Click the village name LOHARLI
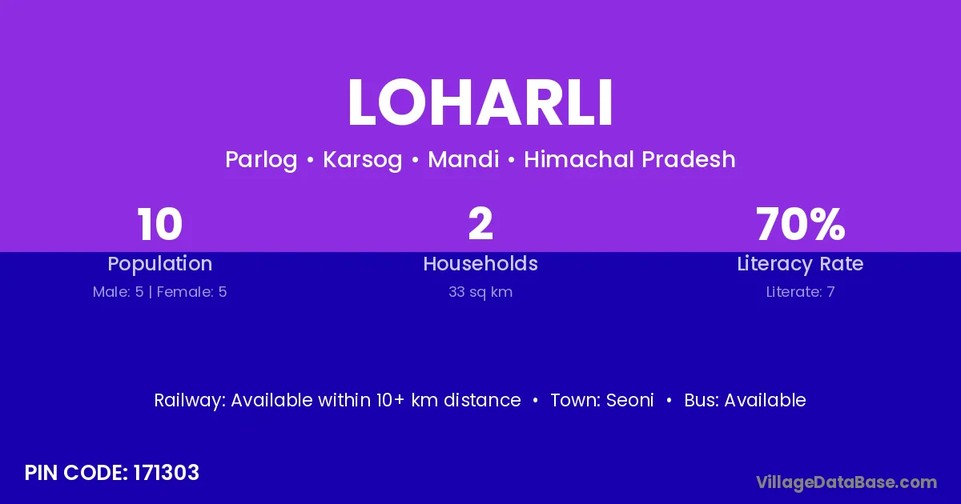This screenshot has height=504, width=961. coord(480,102)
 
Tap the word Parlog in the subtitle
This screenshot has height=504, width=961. coord(261,160)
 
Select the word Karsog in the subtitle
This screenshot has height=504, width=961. coord(363,160)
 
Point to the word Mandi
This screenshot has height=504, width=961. coord(464,159)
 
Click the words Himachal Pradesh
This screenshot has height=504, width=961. coord(629,159)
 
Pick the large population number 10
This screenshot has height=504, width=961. coord(159,224)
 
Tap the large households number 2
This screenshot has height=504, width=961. coord(480,224)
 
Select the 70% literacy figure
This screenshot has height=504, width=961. coord(801,224)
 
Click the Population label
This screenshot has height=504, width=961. coord(160,264)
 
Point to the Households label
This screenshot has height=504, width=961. coord(480,263)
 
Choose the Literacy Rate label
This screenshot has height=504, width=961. coord(800,264)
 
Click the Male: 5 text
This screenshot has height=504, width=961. coord(118,292)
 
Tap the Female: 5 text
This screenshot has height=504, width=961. coord(191,292)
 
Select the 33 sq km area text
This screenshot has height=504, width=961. coord(480,292)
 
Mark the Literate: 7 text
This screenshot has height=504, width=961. coord(801,292)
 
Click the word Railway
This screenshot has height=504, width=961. coord(190,400)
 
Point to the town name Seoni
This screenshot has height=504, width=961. coord(630,400)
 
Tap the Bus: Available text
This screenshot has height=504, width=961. coord(746,400)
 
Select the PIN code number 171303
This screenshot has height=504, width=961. coord(167,473)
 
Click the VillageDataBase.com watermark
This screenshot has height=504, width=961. coord(846,482)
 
